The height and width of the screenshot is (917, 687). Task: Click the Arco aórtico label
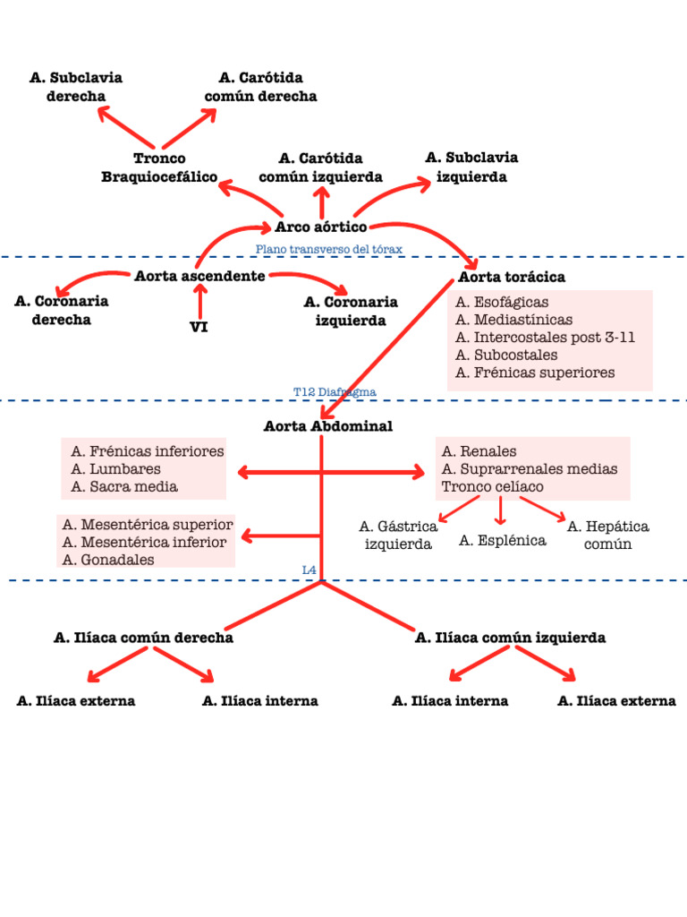(320, 227)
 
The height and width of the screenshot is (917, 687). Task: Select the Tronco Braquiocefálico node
(159, 167)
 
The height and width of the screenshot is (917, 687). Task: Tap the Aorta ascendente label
(199, 276)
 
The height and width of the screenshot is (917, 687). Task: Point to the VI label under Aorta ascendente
(199, 327)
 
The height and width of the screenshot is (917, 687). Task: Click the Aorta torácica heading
(511, 277)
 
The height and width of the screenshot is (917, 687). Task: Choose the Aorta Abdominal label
(327, 426)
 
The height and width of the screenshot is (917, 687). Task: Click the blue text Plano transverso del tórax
(328, 249)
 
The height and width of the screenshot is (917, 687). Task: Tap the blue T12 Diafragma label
(335, 392)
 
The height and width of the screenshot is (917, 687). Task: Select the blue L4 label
(310, 570)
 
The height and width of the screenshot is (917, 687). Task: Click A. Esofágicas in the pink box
(502, 303)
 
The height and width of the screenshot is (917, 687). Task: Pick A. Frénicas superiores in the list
(535, 373)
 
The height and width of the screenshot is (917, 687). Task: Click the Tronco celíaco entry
(492, 486)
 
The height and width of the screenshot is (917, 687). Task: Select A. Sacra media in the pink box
(124, 486)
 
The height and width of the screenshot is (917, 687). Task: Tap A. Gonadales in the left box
(108, 560)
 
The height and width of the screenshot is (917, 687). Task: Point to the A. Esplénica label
(502, 540)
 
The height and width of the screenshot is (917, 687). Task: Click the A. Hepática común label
(607, 535)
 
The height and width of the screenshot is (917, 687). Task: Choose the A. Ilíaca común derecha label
(143, 638)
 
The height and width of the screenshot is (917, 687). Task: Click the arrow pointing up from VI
(199, 301)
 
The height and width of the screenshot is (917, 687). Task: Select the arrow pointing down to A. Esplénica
(501, 511)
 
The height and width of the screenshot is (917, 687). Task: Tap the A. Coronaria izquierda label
(351, 312)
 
